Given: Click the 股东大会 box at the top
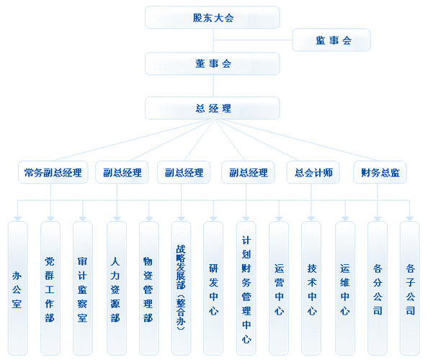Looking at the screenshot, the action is pos(213,17).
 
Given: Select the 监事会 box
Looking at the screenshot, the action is pos(331,40).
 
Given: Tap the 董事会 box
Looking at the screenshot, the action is pos(213,63).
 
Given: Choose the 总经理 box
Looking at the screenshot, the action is pos(213,108).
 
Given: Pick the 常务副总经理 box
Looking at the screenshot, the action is pos(53,172).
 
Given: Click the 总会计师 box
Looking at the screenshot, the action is pos(313,172).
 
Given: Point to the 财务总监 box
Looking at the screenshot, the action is pos(380,172).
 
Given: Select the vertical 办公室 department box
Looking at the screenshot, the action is pos(17,288).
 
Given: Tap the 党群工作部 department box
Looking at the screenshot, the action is pos(50,288).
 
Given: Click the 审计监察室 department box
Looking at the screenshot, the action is pos(83,288).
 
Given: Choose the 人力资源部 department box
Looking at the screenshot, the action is pos(117,288).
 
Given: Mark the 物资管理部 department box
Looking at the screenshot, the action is pos(149,288).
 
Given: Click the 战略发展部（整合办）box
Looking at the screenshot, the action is pos(181,288).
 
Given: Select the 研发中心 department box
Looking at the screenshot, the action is pos(213,288).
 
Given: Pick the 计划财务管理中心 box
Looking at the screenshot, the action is pos(246,288).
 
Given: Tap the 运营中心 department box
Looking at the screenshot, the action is pos(279,288).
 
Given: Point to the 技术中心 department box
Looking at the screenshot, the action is pos(311,288).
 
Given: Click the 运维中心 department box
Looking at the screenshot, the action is pos(345,288).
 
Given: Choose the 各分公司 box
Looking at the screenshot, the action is pos(378,288).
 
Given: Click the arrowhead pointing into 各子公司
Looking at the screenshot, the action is pos(410,219).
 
